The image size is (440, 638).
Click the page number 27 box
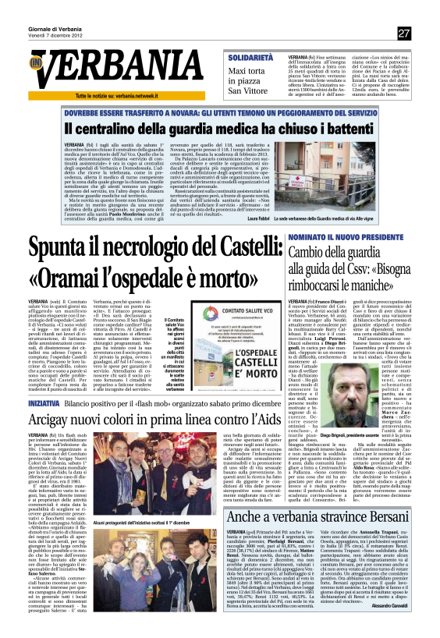403,34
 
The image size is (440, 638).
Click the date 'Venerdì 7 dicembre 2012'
55,36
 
